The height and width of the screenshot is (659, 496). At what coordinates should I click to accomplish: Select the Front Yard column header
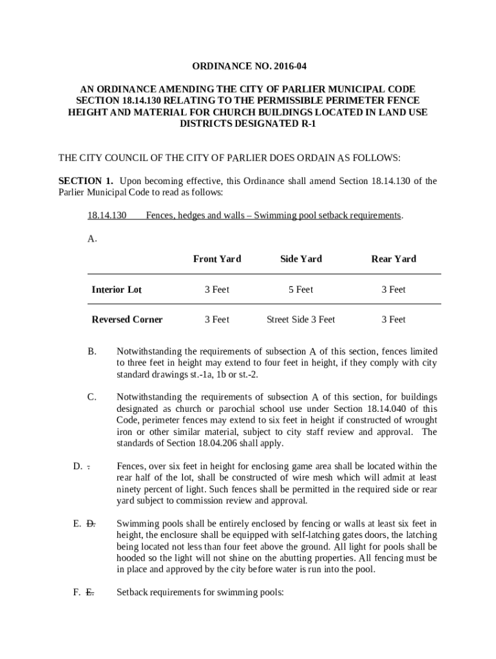pos(217,259)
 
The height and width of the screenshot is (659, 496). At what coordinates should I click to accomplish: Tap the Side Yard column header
pos(301,259)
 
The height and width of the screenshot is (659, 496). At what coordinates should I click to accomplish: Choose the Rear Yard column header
pos(394,259)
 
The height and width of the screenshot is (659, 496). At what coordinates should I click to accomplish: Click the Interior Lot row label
pos(117,290)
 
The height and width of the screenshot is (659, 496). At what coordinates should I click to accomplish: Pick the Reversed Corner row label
pos(127,319)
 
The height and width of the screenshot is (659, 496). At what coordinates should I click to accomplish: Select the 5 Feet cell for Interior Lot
pos(301,290)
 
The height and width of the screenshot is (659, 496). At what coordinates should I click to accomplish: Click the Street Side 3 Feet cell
pos(301,319)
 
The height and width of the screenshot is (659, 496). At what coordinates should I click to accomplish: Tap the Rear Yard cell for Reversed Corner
pos(394,319)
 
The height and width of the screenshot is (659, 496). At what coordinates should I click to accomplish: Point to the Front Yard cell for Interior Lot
pos(217,290)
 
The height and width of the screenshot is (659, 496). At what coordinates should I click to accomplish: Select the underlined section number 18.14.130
pos(107,215)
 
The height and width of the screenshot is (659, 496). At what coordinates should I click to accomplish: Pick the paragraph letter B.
pos(92,351)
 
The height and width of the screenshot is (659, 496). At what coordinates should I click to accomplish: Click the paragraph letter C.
pos(92,397)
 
